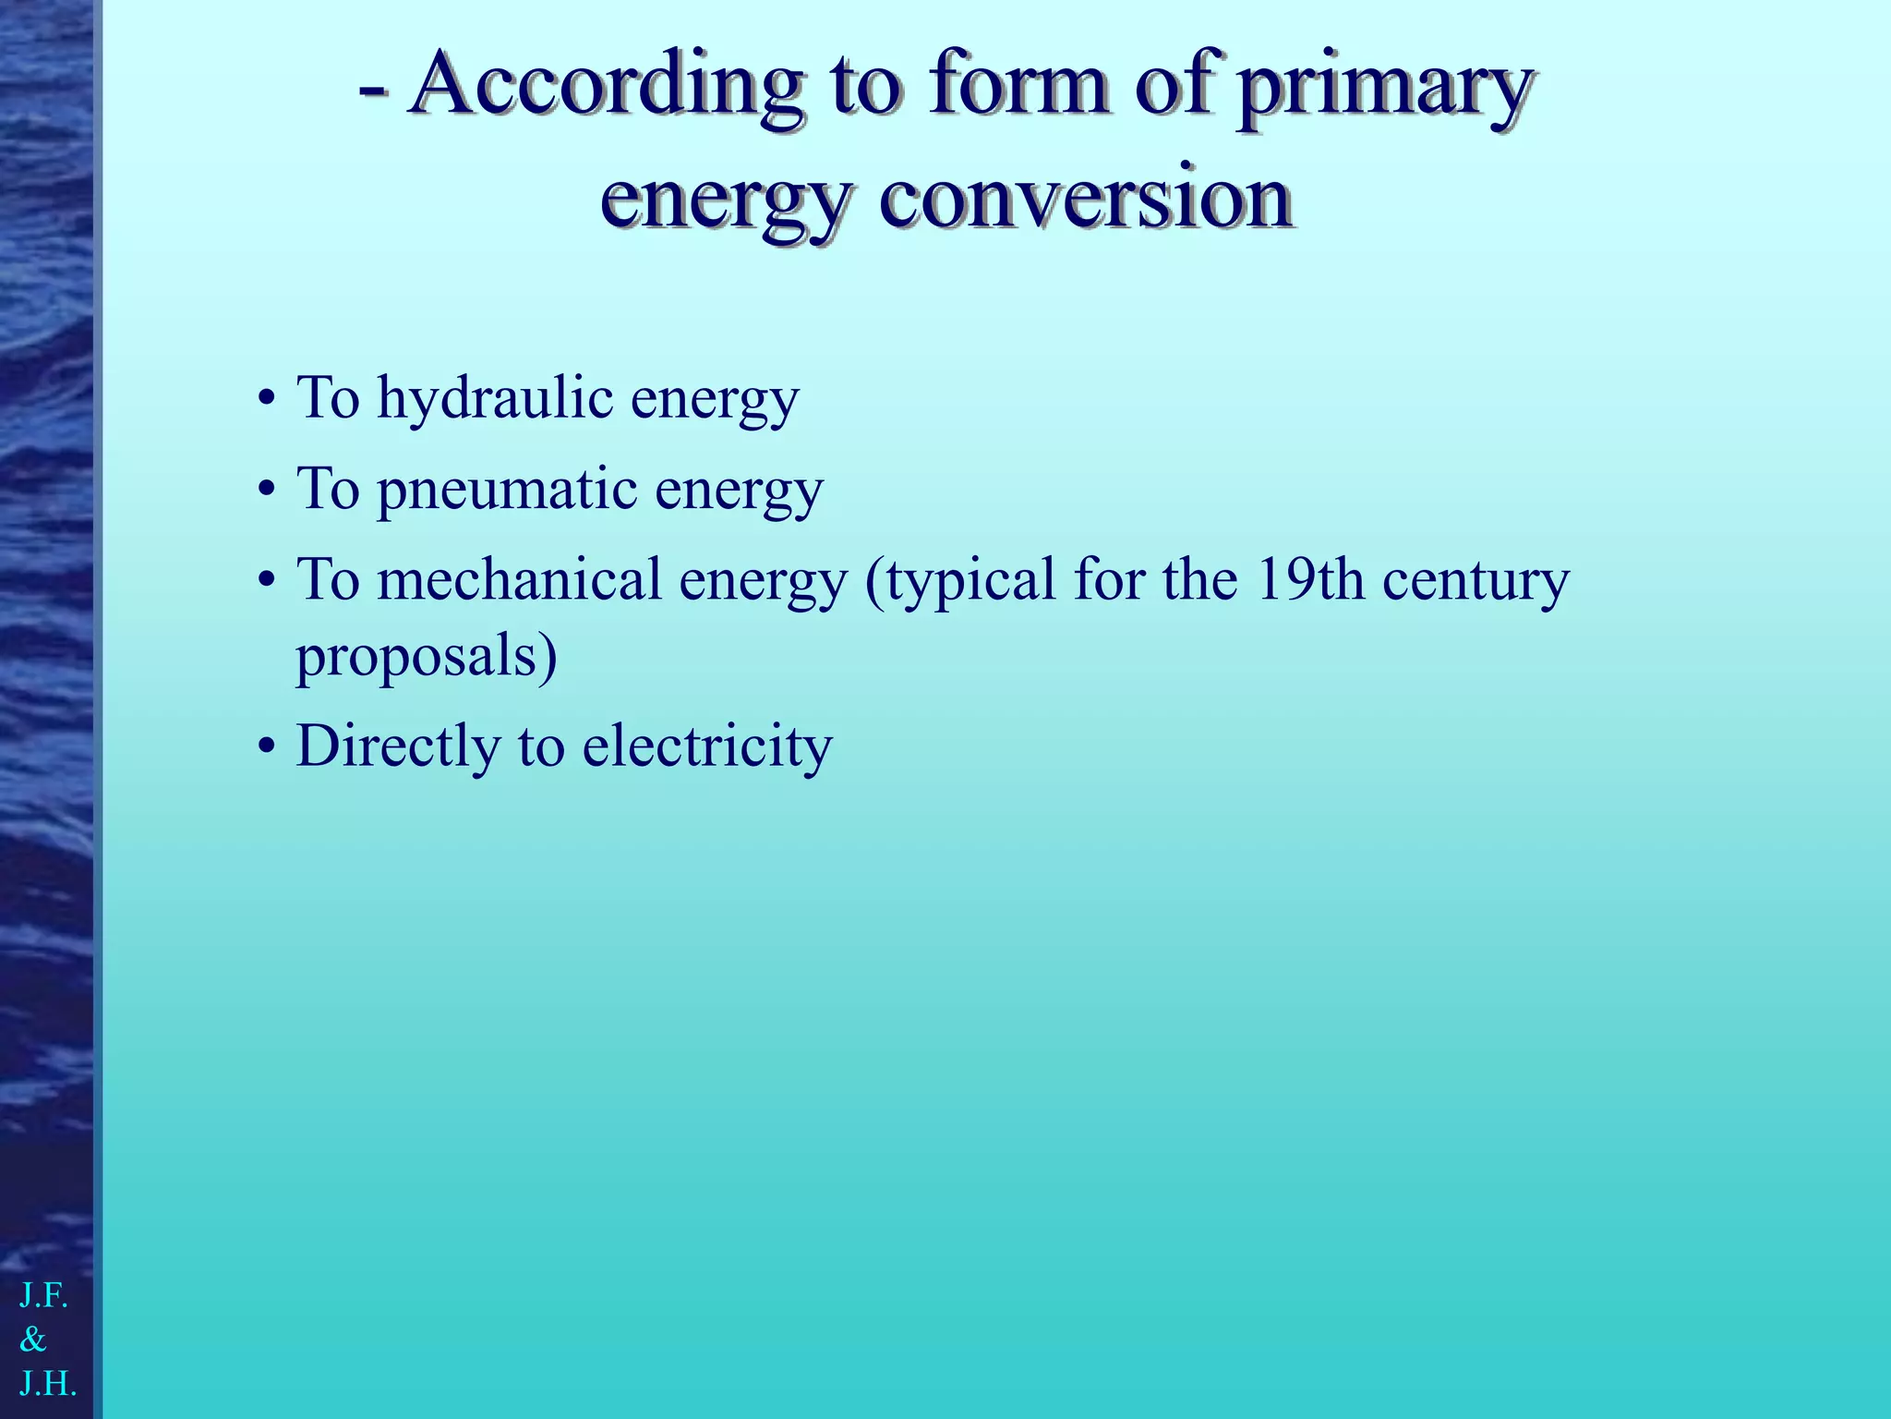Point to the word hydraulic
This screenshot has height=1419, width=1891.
click(x=495, y=400)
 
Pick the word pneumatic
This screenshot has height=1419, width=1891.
click(x=507, y=490)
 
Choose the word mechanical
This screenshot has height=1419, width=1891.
click(x=519, y=581)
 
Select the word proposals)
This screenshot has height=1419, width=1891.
click(x=426, y=657)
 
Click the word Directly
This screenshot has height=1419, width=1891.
click(x=398, y=746)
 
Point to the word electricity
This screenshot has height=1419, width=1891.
click(x=707, y=746)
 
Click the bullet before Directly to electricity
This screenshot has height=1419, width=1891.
click(x=266, y=747)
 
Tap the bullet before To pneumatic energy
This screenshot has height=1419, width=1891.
click(x=266, y=491)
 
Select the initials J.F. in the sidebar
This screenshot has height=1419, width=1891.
click(x=43, y=1296)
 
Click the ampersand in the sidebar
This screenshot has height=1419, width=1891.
click(x=33, y=1340)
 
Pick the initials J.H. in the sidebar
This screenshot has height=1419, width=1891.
click(x=47, y=1383)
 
